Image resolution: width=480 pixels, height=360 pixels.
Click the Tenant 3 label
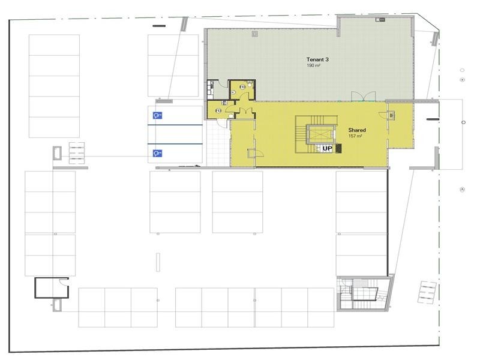pyautogui.click(x=318, y=59)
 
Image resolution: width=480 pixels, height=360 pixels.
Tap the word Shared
pyautogui.click(x=357, y=130)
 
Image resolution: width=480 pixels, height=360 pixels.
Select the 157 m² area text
pyautogui.click(x=356, y=136)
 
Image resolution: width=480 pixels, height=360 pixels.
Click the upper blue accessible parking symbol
pyautogui.click(x=157, y=115)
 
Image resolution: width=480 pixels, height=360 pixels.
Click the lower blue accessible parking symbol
pyautogui.click(x=157, y=153)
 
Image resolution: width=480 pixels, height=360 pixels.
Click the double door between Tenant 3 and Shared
pyautogui.click(x=364, y=98)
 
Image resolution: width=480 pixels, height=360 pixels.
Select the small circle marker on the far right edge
pyautogui.click(x=463, y=122)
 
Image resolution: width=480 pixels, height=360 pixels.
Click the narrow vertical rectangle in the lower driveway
pyautogui.click(x=158, y=263)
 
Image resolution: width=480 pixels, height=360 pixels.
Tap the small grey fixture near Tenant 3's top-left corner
pyautogui.click(x=255, y=35)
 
